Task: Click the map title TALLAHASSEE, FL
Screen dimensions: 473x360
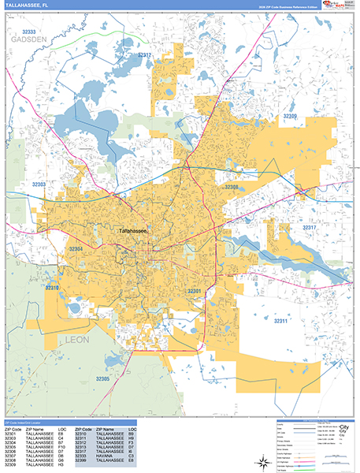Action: click(x=27, y=7)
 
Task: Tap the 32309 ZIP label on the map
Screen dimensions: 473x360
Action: click(x=290, y=117)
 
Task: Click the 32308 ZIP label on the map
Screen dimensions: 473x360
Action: click(x=232, y=188)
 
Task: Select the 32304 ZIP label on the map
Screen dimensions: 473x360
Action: click(x=76, y=248)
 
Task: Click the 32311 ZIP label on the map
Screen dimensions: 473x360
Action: click(x=282, y=321)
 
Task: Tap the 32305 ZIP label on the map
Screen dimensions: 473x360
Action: click(x=104, y=379)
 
